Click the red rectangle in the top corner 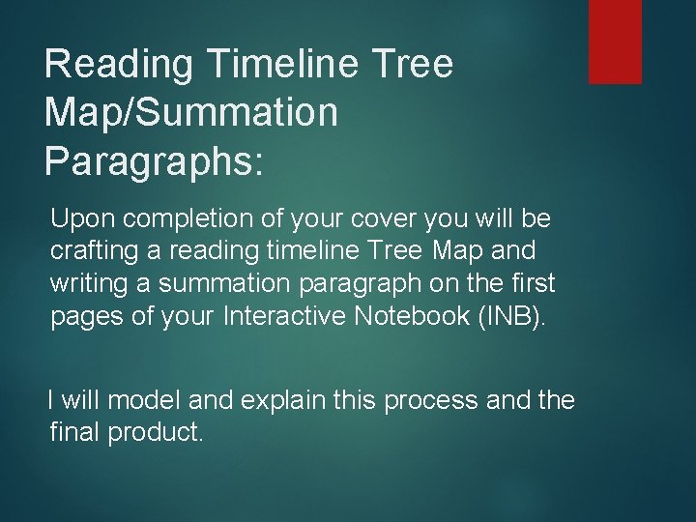[616, 41]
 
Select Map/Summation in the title [191, 112]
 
